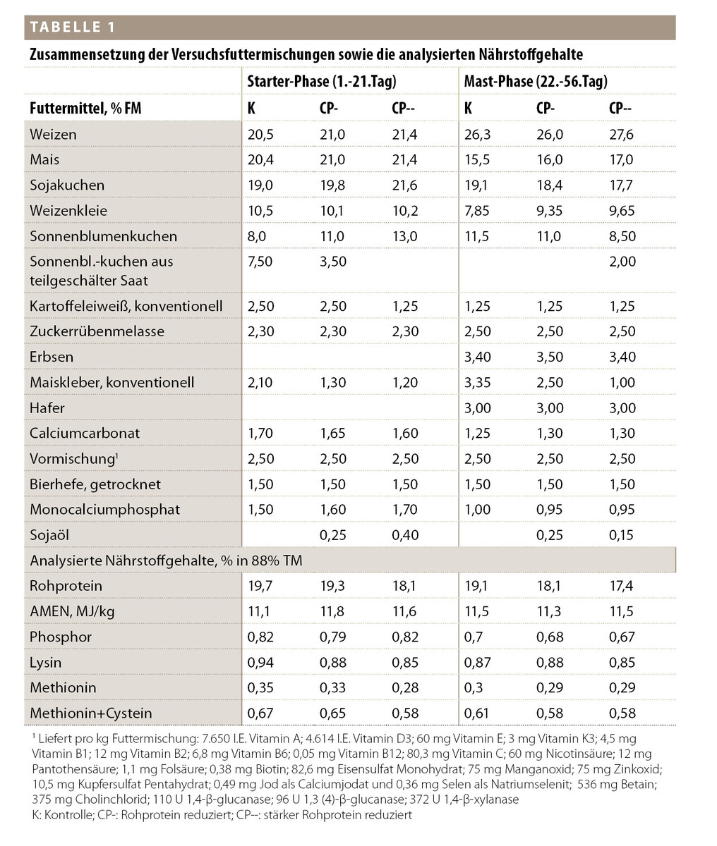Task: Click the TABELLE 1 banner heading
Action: click(71, 27)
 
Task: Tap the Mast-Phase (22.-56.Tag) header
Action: click(535, 81)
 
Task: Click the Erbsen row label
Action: click(52, 357)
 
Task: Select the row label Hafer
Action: click(47, 407)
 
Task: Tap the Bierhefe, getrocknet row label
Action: click(95, 484)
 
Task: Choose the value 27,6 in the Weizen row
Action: click(622, 134)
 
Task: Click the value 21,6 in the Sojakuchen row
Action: click(404, 185)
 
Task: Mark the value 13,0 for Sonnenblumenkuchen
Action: click(404, 236)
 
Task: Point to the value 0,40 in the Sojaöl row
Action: click(404, 535)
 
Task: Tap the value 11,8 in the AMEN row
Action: click(332, 611)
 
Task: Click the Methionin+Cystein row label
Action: click(90, 713)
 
